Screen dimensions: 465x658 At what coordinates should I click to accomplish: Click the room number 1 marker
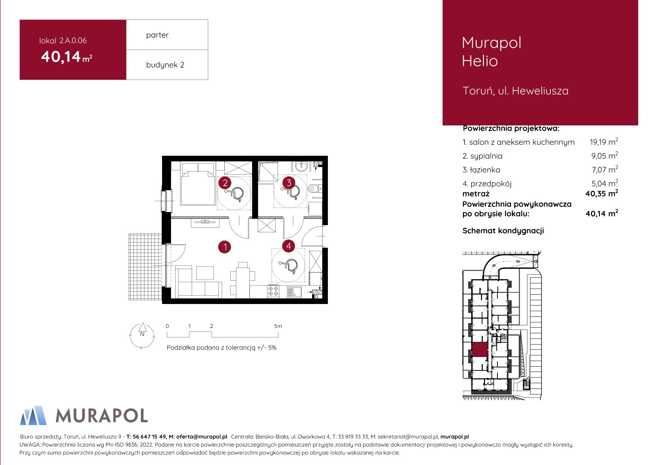pyautogui.click(x=225, y=247)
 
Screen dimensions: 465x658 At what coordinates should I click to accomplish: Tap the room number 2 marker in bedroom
pyautogui.click(x=225, y=183)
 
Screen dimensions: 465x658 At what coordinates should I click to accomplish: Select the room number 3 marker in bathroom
pyautogui.click(x=289, y=183)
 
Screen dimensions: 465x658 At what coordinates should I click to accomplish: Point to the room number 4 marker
pyautogui.click(x=288, y=246)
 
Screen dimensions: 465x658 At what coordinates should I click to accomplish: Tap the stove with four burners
pyautogui.click(x=273, y=291)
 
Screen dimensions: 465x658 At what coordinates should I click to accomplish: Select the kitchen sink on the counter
pyautogui.click(x=294, y=292)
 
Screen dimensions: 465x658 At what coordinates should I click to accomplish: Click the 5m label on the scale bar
pyautogui.click(x=278, y=326)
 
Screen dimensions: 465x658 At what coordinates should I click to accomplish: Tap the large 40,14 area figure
pyautogui.click(x=61, y=57)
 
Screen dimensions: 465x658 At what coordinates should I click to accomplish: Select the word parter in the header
pyautogui.click(x=157, y=35)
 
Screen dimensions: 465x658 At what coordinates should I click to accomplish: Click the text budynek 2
pyautogui.click(x=165, y=65)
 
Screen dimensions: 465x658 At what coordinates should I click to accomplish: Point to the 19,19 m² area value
pyautogui.click(x=603, y=142)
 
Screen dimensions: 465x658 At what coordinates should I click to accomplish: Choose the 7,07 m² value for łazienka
pyautogui.click(x=604, y=170)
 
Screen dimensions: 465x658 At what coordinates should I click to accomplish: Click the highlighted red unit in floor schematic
pyautogui.click(x=479, y=349)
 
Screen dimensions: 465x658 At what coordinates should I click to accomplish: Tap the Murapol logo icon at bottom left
pyautogui.click(x=33, y=415)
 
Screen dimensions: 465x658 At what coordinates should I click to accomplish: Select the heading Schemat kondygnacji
pyautogui.click(x=503, y=231)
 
